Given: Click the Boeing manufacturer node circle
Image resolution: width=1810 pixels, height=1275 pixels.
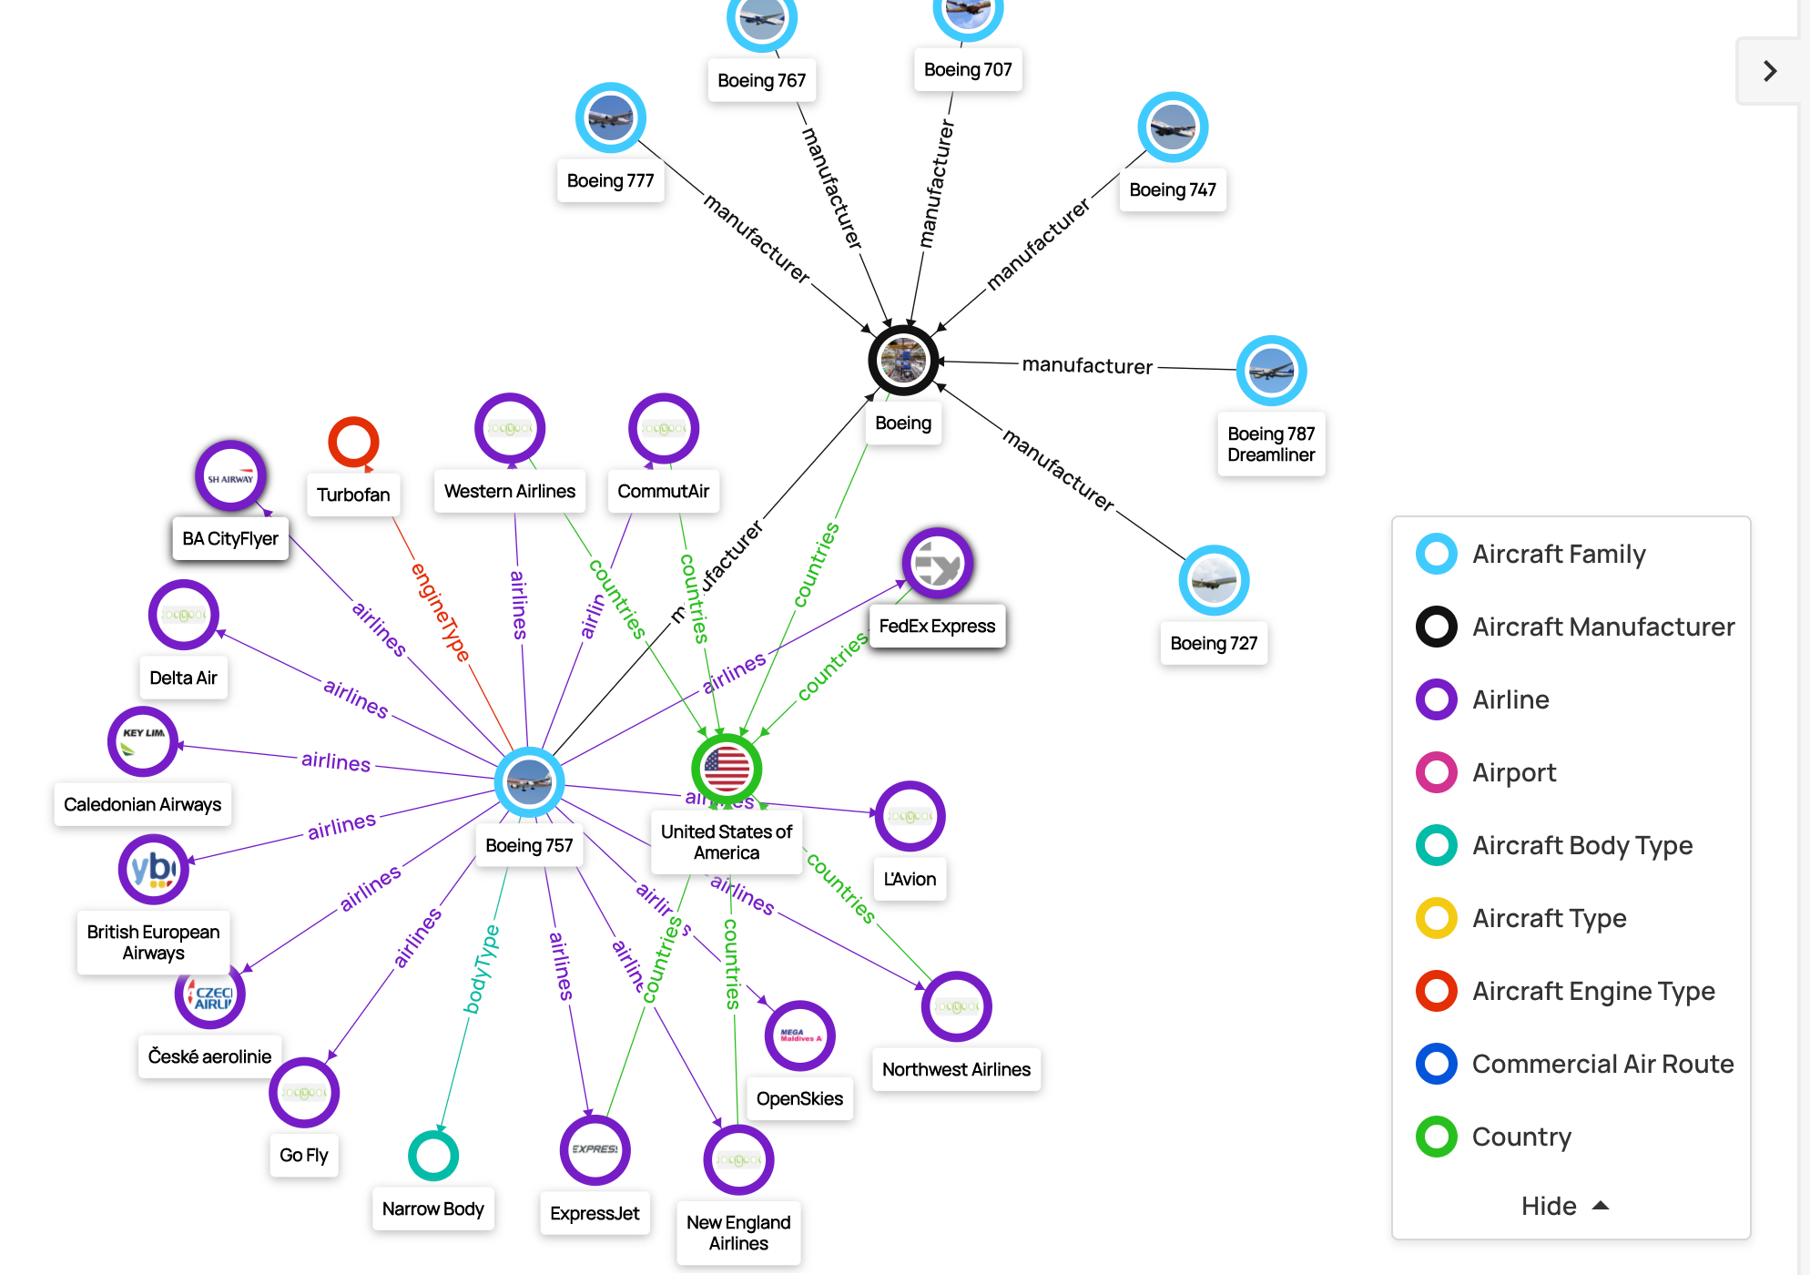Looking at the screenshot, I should pyautogui.click(x=903, y=361).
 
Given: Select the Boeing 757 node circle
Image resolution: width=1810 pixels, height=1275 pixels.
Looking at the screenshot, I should pyautogui.click(x=529, y=781).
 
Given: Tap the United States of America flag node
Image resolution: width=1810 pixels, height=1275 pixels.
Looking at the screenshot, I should pyautogui.click(x=727, y=769).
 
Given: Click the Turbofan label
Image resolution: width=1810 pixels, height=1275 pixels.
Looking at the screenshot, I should pyautogui.click(x=353, y=495).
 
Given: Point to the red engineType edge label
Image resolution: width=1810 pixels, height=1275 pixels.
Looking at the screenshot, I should pyautogui.click(x=441, y=612).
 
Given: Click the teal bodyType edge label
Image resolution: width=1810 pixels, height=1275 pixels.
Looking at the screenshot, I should pyautogui.click(x=481, y=969).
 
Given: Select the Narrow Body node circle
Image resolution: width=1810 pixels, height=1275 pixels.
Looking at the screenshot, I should pyautogui.click(x=433, y=1156).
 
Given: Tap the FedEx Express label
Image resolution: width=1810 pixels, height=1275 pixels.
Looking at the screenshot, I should pyautogui.click(x=937, y=626).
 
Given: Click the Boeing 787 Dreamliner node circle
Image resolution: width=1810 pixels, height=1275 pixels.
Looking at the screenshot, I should pyautogui.click(x=1271, y=371).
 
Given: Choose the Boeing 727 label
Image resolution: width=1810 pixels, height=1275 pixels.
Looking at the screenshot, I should pyautogui.click(x=1214, y=643).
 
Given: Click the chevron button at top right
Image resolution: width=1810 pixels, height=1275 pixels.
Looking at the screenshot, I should pyautogui.click(x=1769, y=71).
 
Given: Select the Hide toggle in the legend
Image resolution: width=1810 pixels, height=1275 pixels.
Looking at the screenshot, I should pyautogui.click(x=1564, y=1206).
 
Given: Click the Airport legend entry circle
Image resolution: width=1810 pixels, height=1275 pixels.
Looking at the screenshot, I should pyautogui.click(x=1437, y=772).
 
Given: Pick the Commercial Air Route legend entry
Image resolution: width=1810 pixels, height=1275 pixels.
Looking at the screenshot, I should pyautogui.click(x=1602, y=1064).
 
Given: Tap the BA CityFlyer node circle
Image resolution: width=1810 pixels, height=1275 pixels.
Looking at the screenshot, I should pyautogui.click(x=230, y=476).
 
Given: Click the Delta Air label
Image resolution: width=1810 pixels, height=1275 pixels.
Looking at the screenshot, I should pyautogui.click(x=183, y=678).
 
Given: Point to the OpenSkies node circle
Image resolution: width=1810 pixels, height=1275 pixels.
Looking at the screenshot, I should pyautogui.click(x=799, y=1035).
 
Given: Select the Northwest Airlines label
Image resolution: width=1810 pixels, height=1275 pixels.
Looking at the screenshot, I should pyautogui.click(x=956, y=1069).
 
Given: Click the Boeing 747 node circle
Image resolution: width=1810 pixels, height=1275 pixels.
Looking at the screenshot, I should pyautogui.click(x=1173, y=127).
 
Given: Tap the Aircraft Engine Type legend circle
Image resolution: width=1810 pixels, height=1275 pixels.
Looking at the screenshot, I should pyautogui.click(x=1437, y=991).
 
